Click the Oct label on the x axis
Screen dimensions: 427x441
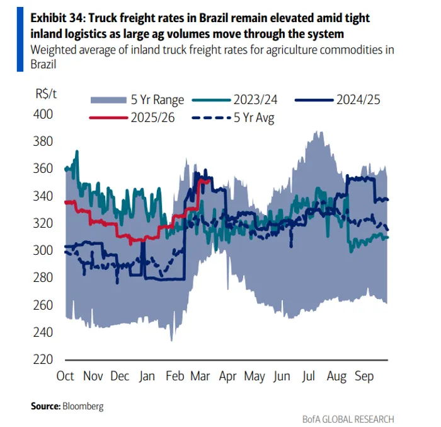pyautogui.click(x=66, y=377)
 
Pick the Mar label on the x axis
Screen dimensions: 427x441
pyautogui.click(x=200, y=377)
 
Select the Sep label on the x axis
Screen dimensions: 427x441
pyautogui.click(x=364, y=377)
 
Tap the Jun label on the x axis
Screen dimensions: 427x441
pyautogui.click(x=282, y=377)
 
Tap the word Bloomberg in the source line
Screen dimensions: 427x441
pyautogui.click(x=82, y=406)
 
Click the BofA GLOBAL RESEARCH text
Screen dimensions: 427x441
pyautogui.click(x=348, y=419)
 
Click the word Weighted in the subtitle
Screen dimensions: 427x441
pyautogui.click(x=52, y=49)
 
